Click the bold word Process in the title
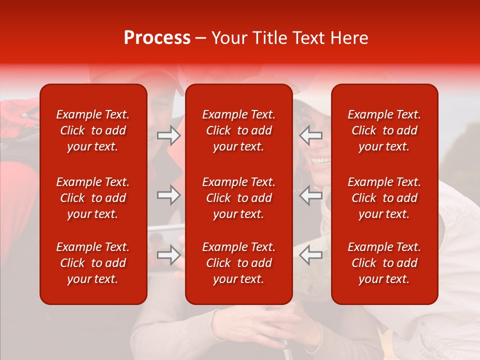tap(157, 38)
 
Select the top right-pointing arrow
tap(169, 135)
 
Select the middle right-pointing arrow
tap(169, 195)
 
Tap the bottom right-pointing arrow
tap(169, 255)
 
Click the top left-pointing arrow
tap(311, 135)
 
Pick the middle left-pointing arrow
tap(311, 195)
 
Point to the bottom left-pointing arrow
tap(311, 255)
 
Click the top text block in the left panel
tap(93, 130)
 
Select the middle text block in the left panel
tap(93, 198)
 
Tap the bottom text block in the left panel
tap(93, 263)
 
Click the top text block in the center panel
tap(238, 130)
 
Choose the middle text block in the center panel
tap(238, 198)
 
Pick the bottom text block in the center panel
tap(238, 263)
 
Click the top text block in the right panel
tap(384, 130)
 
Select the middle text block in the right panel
tap(384, 198)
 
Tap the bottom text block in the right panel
tap(384, 263)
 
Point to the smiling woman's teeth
tap(321, 161)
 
